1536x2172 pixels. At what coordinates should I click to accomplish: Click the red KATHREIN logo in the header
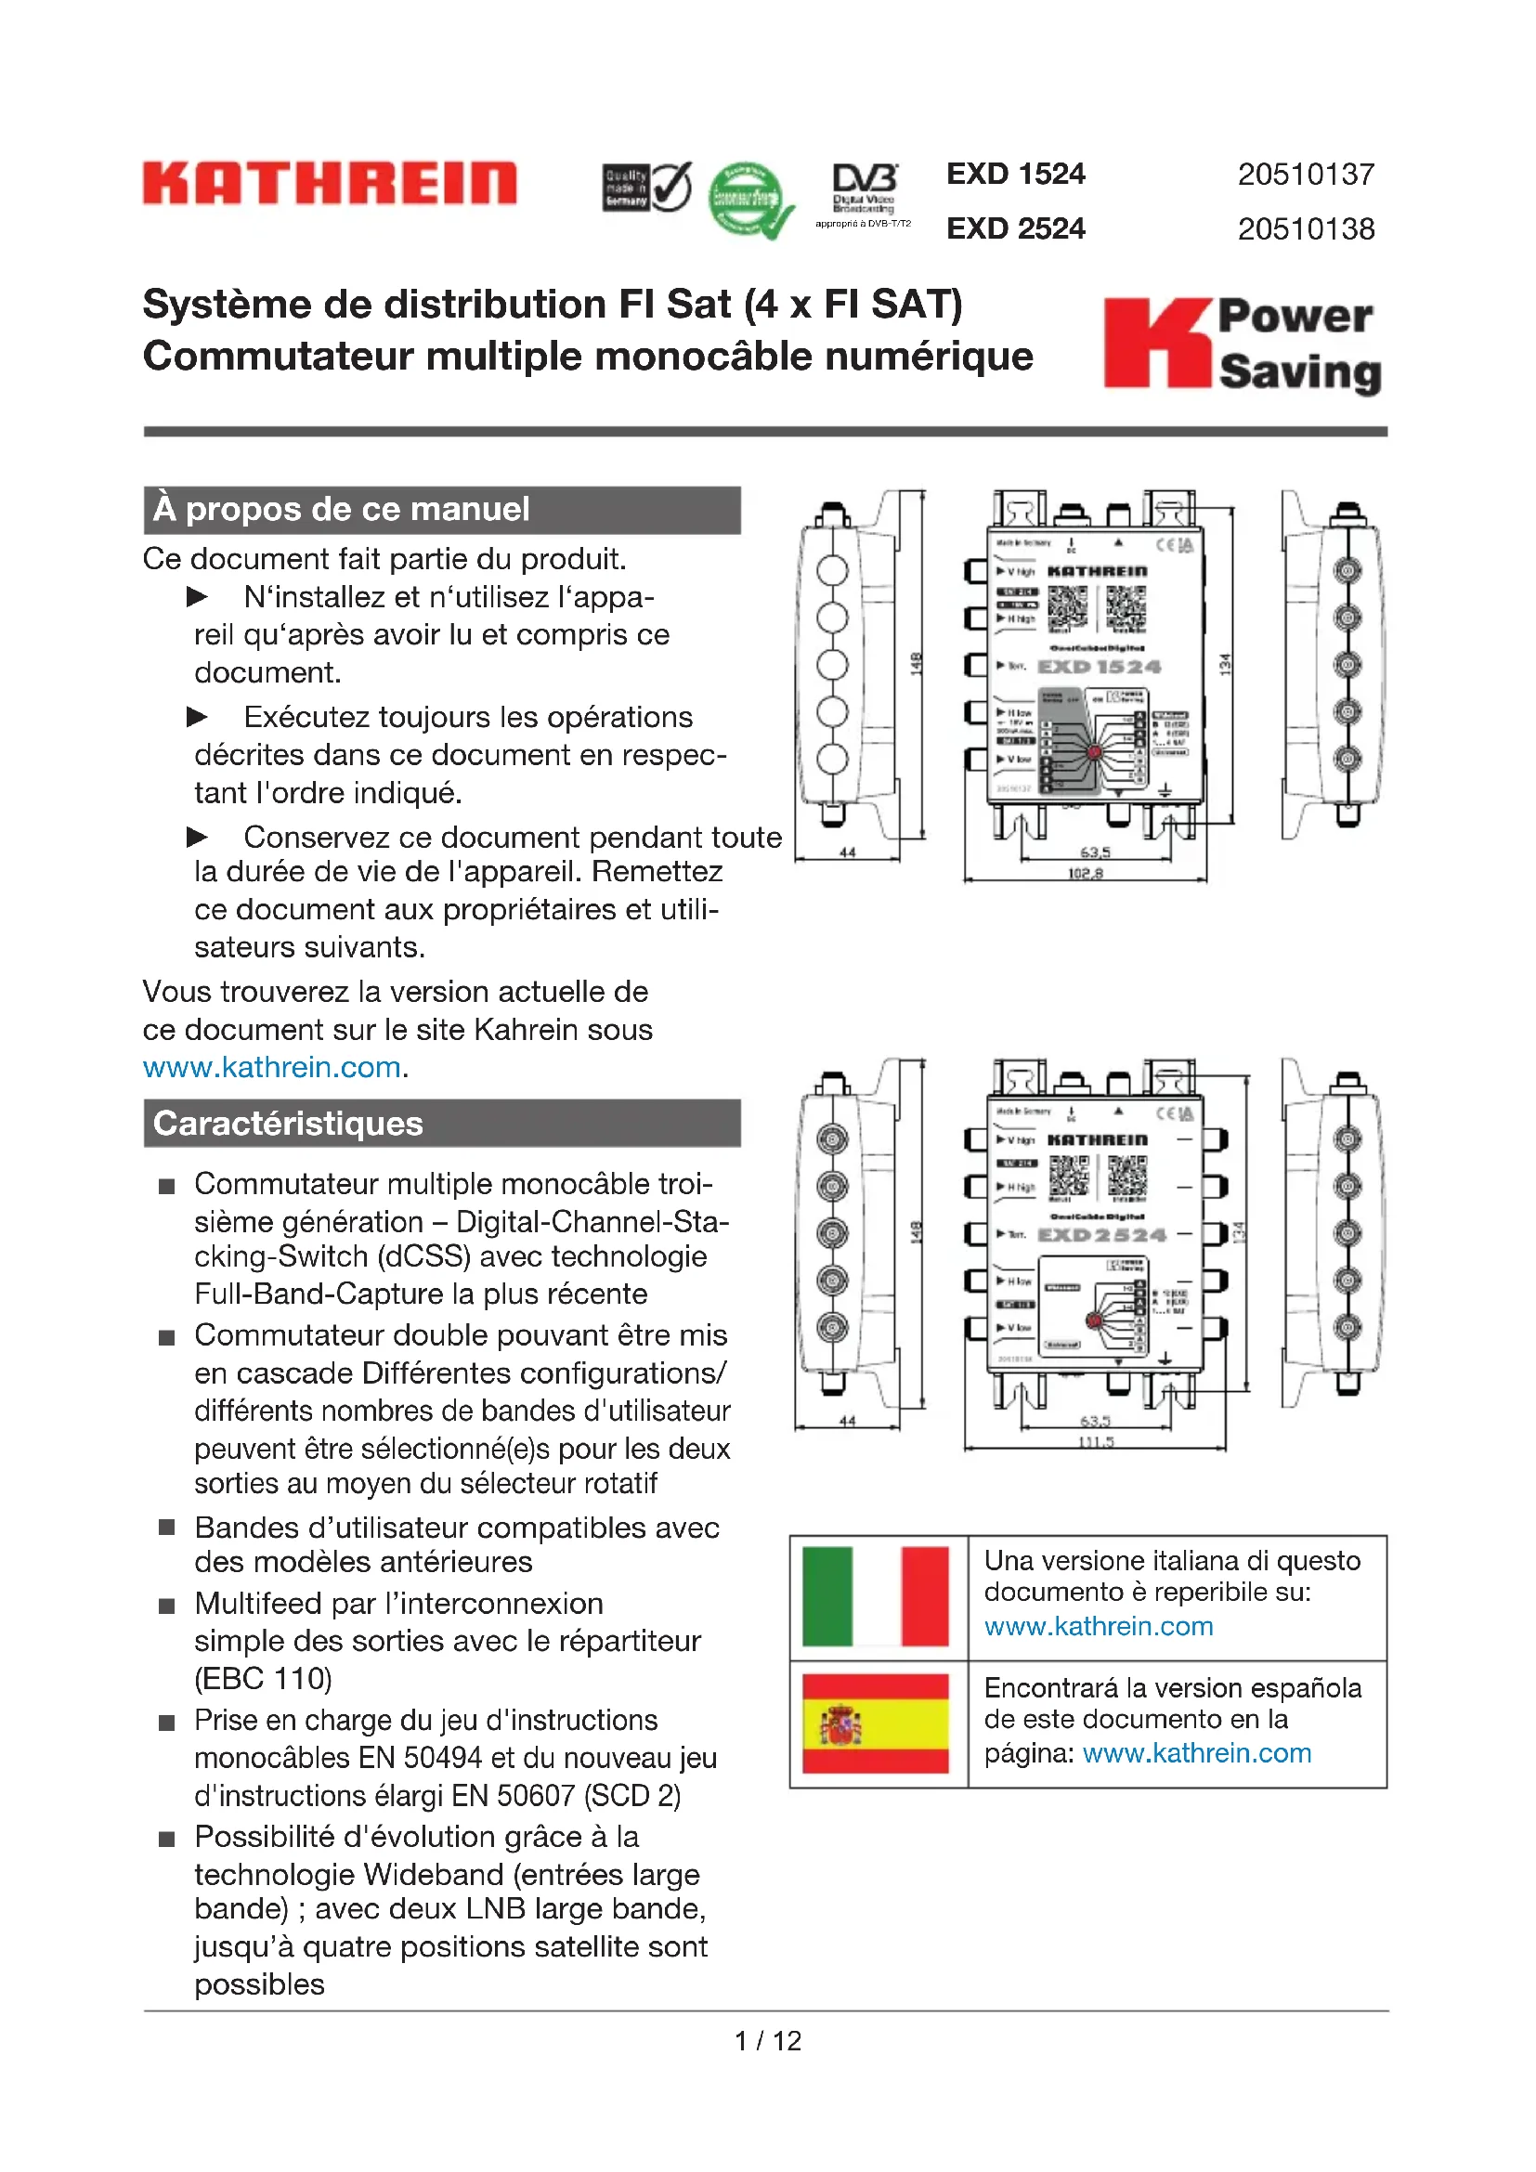[329, 183]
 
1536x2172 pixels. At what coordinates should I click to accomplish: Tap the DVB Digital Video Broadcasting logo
[864, 193]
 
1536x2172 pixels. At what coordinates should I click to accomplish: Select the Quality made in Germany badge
[647, 187]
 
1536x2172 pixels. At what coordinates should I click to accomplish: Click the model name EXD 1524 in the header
[1016, 174]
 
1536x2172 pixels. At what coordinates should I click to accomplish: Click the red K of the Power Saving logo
[1156, 343]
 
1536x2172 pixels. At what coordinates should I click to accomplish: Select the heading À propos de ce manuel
[342, 509]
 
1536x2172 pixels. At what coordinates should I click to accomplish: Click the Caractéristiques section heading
[289, 1123]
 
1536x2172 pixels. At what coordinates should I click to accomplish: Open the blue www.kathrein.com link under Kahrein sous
[272, 1067]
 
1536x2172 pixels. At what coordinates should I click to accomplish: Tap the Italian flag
[875, 1597]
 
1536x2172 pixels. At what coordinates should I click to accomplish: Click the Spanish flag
[875, 1723]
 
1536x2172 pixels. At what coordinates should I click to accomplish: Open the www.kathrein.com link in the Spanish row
[1196, 1753]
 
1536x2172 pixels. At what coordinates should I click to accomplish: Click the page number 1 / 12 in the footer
[767, 2040]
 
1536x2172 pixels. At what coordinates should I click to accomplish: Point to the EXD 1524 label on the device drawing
[1099, 667]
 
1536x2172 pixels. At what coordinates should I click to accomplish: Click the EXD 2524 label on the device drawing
[1102, 1235]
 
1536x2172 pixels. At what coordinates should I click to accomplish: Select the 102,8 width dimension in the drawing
[1085, 873]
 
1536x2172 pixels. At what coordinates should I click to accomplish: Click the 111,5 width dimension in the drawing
[1095, 1442]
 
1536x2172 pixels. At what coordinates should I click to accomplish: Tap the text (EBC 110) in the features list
[263, 1678]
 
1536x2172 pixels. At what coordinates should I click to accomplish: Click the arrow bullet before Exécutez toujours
[197, 717]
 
